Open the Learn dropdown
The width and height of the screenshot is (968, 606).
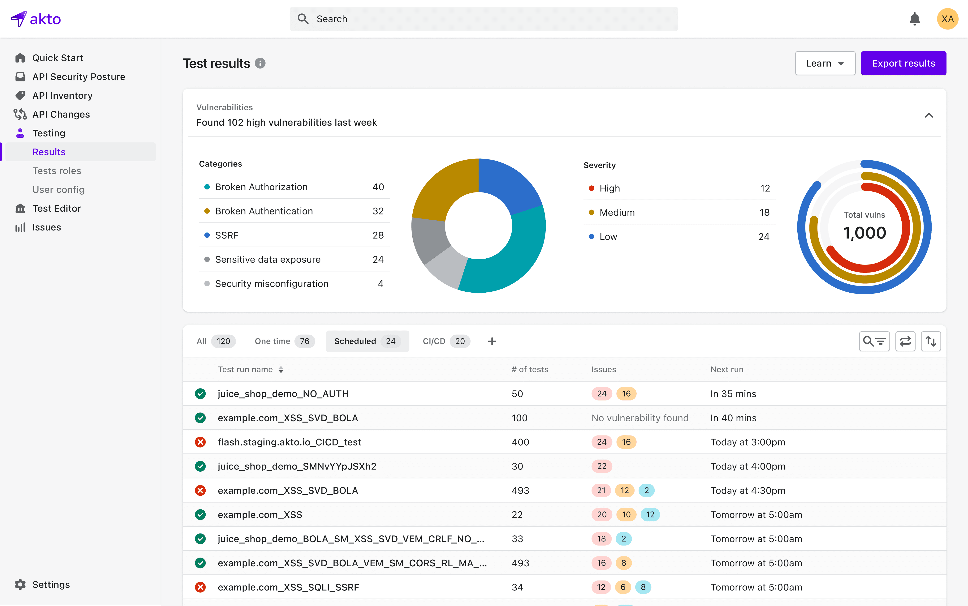point(825,63)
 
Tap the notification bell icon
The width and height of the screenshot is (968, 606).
point(914,19)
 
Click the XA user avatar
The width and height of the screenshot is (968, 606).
point(947,19)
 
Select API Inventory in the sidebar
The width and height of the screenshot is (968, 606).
point(62,95)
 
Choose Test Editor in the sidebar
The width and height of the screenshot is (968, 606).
point(56,208)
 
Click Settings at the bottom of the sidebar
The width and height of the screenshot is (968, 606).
point(51,584)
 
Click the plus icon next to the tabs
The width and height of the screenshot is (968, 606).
point(492,341)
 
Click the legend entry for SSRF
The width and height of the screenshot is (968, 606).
point(227,235)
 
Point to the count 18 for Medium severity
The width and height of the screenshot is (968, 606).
point(764,212)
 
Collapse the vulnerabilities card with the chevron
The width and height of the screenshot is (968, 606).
point(929,115)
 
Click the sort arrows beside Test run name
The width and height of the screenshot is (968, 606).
point(281,370)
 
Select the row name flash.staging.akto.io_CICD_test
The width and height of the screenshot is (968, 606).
point(289,442)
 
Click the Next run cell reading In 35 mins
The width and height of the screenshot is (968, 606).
point(733,394)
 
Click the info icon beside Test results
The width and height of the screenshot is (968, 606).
point(260,63)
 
